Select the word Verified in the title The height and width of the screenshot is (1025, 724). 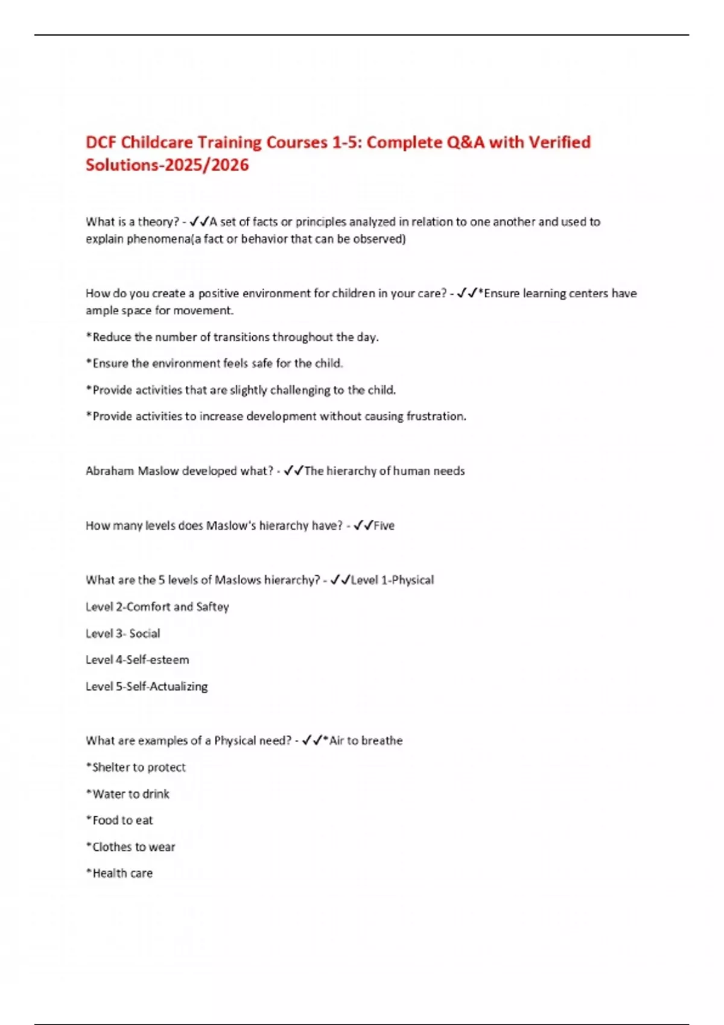coord(559,142)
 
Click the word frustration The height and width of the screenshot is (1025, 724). coord(436,416)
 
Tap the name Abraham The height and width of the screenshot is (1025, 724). coord(109,471)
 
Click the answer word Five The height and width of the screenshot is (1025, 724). coord(384,526)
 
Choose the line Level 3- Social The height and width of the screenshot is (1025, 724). coord(122,633)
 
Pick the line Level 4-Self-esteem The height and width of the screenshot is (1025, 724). coord(137,660)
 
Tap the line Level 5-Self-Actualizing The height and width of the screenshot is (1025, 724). coord(147,686)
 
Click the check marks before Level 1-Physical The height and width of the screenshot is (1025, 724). coord(340,580)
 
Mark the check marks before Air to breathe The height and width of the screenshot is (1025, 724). coord(312,740)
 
